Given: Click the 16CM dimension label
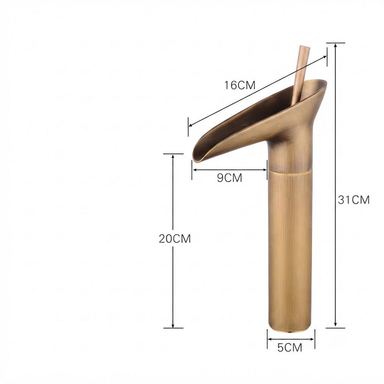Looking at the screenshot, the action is (240, 85).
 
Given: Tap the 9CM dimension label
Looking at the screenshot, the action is (229, 178).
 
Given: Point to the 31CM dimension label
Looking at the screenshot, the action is (354, 200).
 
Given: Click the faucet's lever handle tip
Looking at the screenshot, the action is (305, 48).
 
